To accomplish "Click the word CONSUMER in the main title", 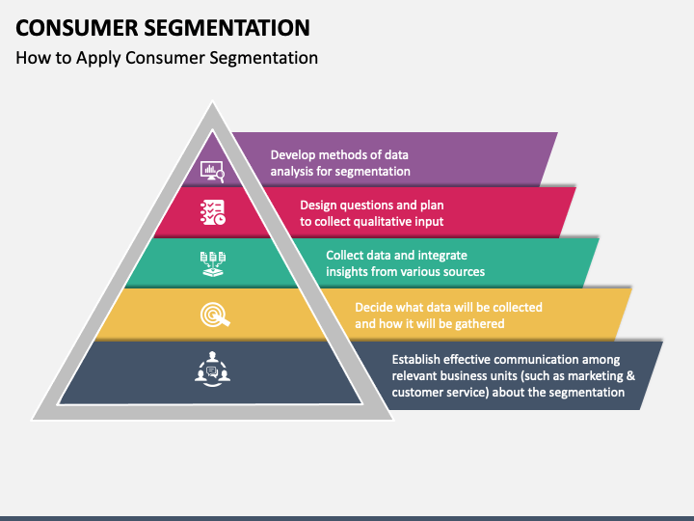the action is (x=77, y=28).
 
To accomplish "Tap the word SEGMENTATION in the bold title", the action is (x=227, y=28).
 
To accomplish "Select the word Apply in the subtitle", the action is (x=98, y=59).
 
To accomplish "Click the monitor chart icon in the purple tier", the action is (x=212, y=172).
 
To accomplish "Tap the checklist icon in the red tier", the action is (x=213, y=212).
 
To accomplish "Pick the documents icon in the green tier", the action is (x=213, y=264).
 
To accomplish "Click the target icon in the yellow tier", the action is (x=215, y=315).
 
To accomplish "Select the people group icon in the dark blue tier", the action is (x=212, y=369).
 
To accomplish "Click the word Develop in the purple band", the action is (x=293, y=155).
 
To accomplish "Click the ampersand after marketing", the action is (x=630, y=376).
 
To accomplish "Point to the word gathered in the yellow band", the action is (x=480, y=324).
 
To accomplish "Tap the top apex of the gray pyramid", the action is (x=212, y=102).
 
